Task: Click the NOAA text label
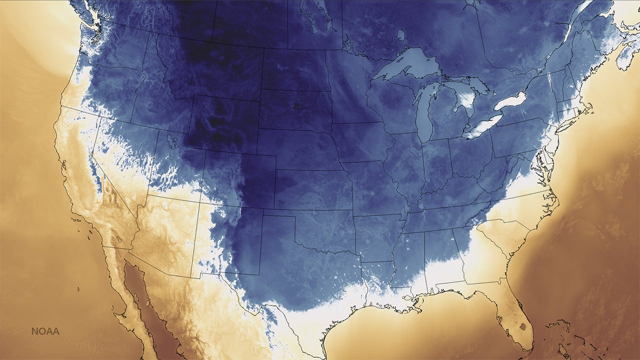[x=45, y=331]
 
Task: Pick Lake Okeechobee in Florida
[x=522, y=327]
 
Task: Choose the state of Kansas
[x=312, y=190]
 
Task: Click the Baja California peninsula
[x=120, y=280]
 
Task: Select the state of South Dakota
[x=295, y=107]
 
